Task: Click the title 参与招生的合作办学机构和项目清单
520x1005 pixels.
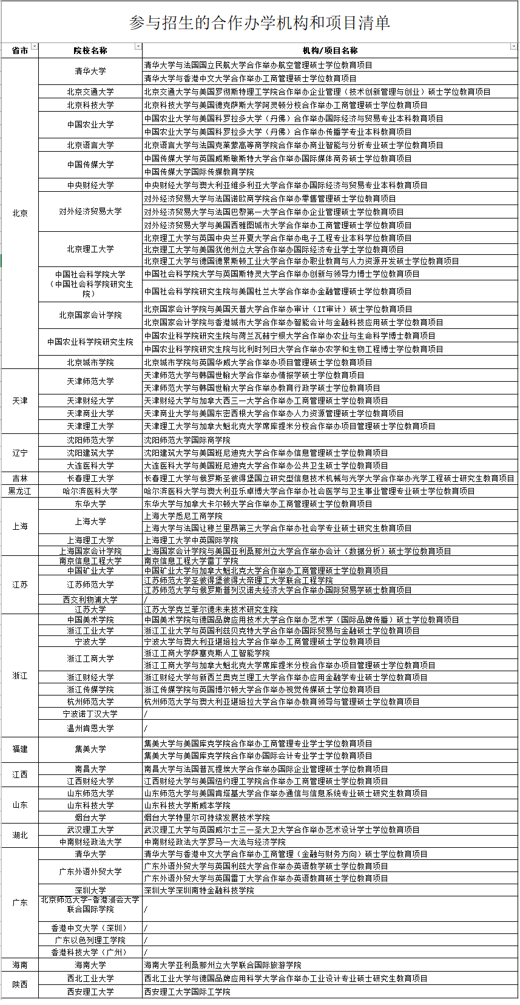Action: click(260, 23)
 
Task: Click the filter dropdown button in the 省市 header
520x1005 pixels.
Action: click(35, 47)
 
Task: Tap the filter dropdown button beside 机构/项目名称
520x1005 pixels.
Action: click(515, 47)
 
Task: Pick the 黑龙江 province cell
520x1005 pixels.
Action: click(20, 491)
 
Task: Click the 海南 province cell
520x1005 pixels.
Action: click(20, 964)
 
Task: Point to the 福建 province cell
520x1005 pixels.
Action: click(20, 749)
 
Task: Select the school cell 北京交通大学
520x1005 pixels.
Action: click(90, 92)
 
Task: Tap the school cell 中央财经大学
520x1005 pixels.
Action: click(90, 185)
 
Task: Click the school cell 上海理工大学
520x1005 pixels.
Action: click(90, 540)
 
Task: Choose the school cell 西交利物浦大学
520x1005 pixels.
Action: click(90, 600)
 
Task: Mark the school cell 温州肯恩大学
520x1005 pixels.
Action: click(90, 728)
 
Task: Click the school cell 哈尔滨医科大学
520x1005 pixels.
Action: click(90, 491)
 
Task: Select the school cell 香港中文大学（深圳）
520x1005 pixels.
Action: click(90, 928)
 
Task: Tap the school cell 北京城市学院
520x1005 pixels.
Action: click(90, 362)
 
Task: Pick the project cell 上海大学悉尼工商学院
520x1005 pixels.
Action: click(183, 516)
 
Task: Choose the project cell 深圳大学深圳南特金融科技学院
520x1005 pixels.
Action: click(199, 890)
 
